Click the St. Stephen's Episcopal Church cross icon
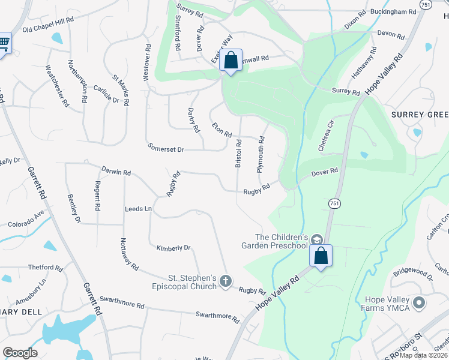coord(226,281)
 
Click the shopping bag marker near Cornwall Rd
coord(231,60)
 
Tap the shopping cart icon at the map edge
coord(4,43)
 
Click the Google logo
coord(20,353)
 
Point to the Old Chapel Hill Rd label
coord(47,25)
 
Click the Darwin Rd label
coord(116,172)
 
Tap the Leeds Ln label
coord(138,209)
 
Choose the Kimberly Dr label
coord(173,247)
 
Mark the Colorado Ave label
coord(26,220)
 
